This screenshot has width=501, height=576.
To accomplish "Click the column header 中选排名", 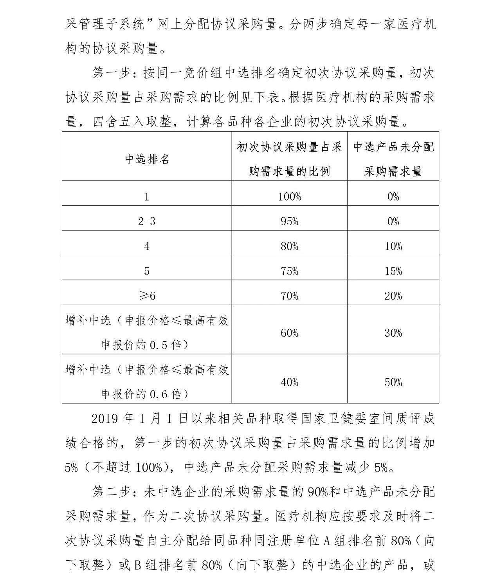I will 147,159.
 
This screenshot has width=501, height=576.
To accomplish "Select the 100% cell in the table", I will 289,197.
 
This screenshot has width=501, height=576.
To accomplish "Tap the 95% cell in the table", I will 289,222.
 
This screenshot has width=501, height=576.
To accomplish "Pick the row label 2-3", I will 147,222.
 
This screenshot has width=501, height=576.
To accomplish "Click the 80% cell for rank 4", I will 289,246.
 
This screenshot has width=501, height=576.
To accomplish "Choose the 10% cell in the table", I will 393,246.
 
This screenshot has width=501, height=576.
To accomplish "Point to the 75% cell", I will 289,271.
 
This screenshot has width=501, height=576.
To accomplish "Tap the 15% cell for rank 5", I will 393,271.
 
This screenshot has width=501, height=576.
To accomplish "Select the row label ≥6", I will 147,296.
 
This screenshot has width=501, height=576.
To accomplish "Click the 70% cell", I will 289,296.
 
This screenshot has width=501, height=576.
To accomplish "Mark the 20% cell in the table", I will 393,296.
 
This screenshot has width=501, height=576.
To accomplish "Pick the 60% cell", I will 289,333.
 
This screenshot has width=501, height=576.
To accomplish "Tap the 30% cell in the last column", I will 393,333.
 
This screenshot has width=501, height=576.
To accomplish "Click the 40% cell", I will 289,382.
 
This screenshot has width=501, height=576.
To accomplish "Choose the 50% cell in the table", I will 393,382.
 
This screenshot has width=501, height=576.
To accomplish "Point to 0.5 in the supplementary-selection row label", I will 159,345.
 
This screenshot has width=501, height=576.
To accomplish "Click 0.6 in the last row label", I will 159,394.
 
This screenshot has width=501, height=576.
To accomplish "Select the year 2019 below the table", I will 105,419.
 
